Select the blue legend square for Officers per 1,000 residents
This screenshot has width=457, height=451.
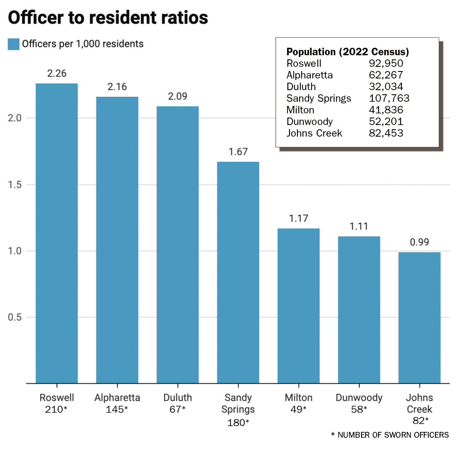click(14, 44)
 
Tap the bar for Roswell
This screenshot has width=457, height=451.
click(57, 233)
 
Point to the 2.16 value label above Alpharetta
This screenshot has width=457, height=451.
click(117, 87)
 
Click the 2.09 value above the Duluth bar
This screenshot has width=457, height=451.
click(177, 97)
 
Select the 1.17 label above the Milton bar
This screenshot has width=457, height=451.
click(298, 219)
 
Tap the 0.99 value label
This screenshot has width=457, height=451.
click(419, 243)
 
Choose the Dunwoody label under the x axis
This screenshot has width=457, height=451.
click(359, 398)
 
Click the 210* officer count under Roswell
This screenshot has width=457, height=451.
click(57, 409)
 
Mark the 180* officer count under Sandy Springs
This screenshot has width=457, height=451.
click(238, 422)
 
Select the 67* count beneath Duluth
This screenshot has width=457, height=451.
click(177, 409)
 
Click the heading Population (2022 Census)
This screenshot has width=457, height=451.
click(348, 52)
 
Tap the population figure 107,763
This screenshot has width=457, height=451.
click(389, 98)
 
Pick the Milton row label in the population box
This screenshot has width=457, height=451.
click(300, 110)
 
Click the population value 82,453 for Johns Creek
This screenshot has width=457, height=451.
click(386, 133)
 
